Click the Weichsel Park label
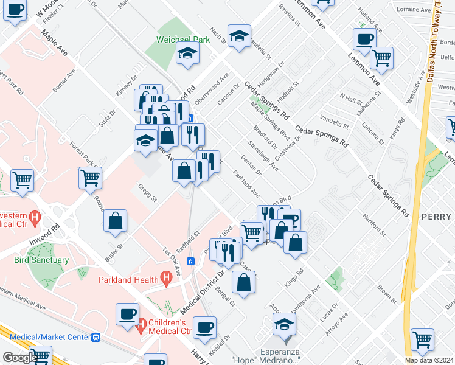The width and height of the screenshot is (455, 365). tap(183, 39)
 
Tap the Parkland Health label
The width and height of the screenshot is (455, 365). tap(128, 280)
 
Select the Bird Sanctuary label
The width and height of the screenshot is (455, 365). tap(41, 260)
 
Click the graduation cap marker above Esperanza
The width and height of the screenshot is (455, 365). tap(284, 324)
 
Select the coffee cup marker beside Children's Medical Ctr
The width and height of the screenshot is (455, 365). tap(128, 315)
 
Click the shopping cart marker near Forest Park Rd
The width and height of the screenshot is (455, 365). tap(90, 179)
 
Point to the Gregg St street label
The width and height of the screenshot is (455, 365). tap(147, 194)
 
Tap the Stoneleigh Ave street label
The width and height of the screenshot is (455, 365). tap(263, 156)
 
